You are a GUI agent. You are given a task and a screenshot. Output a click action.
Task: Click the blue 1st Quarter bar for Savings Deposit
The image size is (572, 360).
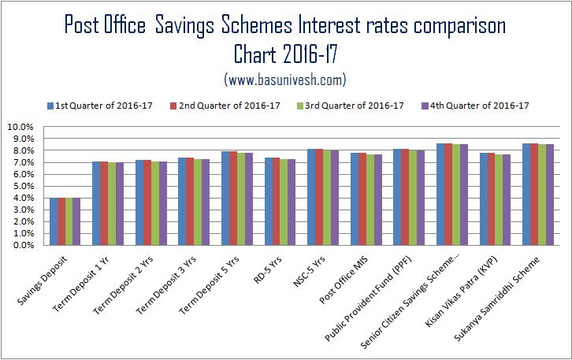(x=53, y=221)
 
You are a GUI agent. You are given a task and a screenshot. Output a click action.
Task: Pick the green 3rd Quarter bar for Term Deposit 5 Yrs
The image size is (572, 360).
(x=241, y=199)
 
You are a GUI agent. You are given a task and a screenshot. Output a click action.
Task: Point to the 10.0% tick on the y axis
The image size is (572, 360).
(x=20, y=127)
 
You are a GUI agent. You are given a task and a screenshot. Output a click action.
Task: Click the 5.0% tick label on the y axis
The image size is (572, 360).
(x=20, y=186)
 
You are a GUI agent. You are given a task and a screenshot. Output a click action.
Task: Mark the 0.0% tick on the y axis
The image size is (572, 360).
(x=20, y=245)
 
